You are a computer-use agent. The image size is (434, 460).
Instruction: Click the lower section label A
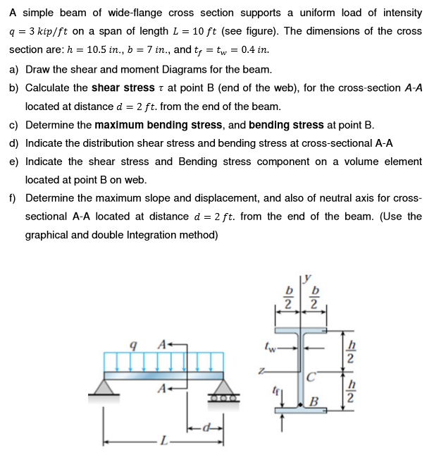[163, 388]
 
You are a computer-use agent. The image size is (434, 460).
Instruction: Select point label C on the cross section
[314, 375]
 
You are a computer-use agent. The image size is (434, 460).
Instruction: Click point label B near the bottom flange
[315, 404]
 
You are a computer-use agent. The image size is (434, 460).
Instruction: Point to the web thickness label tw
[267, 346]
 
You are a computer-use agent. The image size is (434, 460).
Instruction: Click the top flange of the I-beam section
[303, 332]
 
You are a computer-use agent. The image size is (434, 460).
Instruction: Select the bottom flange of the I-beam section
[303, 407]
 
